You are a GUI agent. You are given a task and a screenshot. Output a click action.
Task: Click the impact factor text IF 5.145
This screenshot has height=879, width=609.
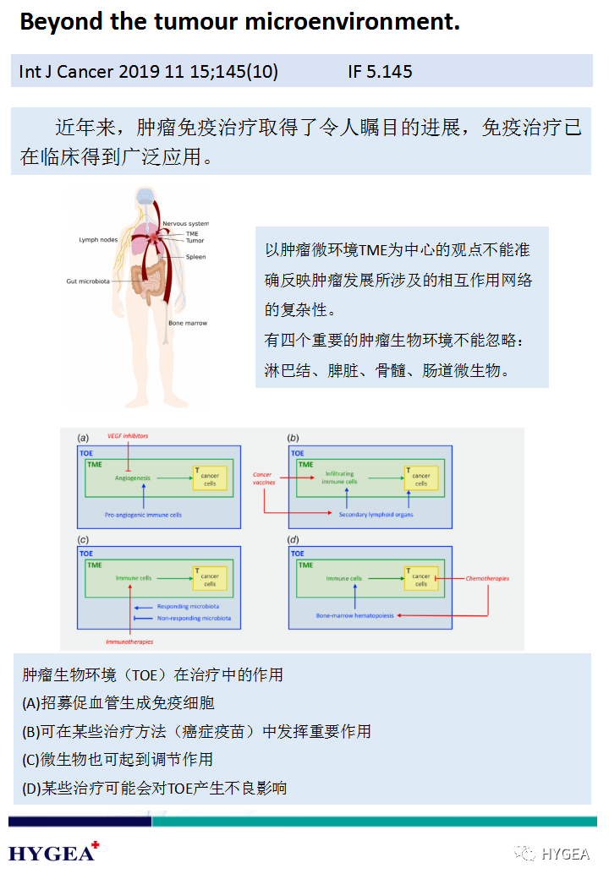(x=380, y=72)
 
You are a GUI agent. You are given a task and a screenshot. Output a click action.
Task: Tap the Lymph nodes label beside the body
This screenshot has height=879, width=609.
(x=98, y=240)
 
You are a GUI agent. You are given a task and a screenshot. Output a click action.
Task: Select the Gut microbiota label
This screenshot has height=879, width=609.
(x=89, y=281)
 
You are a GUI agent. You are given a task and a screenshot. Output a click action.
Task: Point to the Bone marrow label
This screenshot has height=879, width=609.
(x=187, y=323)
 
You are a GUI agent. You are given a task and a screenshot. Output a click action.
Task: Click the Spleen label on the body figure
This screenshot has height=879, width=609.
(x=195, y=257)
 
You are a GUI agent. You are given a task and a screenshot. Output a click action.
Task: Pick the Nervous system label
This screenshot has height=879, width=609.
(x=186, y=223)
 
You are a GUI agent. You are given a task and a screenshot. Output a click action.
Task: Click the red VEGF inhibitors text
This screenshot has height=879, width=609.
(x=128, y=436)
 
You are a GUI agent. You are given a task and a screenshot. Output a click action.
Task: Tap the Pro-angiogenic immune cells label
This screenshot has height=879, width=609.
(x=143, y=514)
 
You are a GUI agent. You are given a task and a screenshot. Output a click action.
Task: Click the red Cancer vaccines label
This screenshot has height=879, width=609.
(x=263, y=478)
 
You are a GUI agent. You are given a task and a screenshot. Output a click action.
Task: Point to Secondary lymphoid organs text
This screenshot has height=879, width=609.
(x=376, y=514)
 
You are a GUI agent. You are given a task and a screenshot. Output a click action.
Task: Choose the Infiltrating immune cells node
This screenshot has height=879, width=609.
(x=340, y=478)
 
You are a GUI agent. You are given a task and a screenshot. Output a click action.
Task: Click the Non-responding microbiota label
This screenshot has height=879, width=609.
(x=194, y=619)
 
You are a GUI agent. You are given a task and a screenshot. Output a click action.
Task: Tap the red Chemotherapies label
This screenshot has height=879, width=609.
(x=487, y=579)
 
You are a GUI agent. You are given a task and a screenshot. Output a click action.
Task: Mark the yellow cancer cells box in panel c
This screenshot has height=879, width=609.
(x=209, y=579)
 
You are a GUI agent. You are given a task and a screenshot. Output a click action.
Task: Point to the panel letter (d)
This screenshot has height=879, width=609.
(x=294, y=538)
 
